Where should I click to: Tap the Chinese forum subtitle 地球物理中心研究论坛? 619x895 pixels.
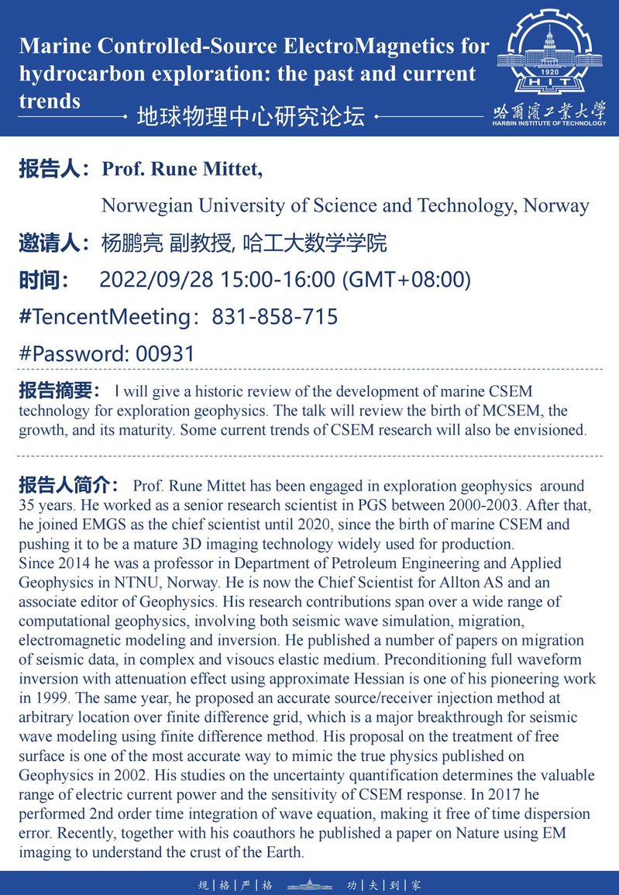[x=250, y=117]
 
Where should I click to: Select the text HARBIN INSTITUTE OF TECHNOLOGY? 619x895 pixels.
[x=550, y=124]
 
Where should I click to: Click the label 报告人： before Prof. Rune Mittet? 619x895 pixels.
[x=57, y=170]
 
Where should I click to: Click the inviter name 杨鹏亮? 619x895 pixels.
[x=132, y=243]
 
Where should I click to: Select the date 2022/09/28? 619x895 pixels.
[x=158, y=280]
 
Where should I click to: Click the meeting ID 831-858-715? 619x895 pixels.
[x=274, y=317]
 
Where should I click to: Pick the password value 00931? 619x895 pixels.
[x=165, y=354]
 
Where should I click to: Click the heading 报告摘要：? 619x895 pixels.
[x=60, y=390]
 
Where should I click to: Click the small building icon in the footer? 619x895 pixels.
[x=309, y=884]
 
